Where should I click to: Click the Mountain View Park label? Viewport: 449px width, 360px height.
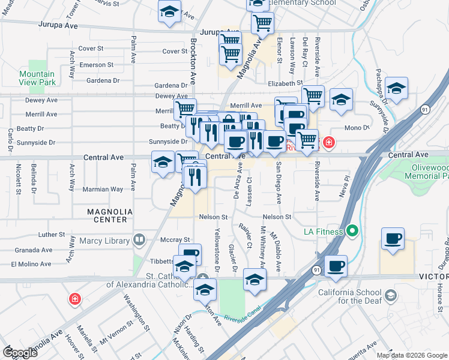tap(37, 77)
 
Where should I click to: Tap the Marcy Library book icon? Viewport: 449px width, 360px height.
tap(139, 241)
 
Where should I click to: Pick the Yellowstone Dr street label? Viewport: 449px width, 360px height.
tap(217, 246)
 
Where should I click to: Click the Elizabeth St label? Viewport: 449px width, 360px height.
tap(286, 83)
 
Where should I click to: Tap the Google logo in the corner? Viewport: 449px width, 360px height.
tap(20, 352)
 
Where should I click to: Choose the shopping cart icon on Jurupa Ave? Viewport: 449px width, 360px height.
tap(262, 23)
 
